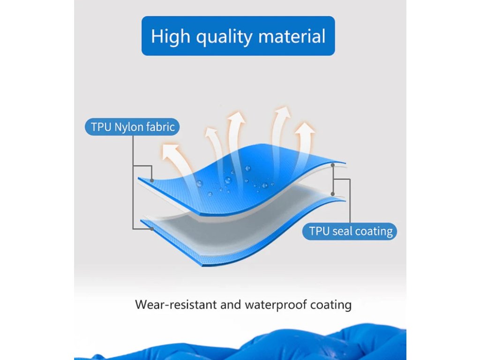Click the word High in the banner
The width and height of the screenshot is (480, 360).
(x=171, y=37)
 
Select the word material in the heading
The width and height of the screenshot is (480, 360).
(x=292, y=36)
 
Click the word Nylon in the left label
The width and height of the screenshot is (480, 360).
(x=129, y=127)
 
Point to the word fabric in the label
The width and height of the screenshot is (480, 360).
(x=160, y=127)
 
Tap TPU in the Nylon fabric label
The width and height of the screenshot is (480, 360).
(x=101, y=127)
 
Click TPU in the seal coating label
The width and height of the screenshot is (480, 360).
(x=319, y=231)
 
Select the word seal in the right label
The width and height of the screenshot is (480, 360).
(x=343, y=231)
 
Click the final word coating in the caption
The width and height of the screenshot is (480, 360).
(x=331, y=305)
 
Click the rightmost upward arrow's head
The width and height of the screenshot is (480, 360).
(x=305, y=128)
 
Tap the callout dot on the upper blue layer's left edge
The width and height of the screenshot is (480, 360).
(x=152, y=180)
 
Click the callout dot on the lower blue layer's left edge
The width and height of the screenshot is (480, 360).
(x=152, y=229)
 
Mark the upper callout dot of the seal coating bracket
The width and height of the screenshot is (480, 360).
(x=333, y=165)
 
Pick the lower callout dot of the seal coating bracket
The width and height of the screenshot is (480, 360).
(x=333, y=194)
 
